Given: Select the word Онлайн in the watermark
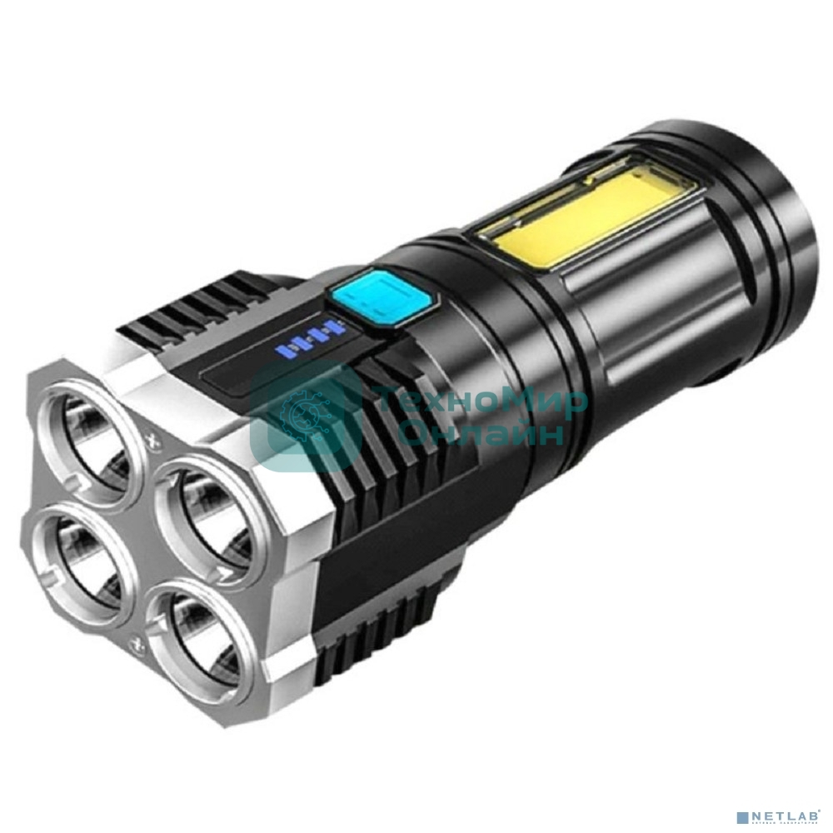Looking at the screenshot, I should [x=481, y=433].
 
